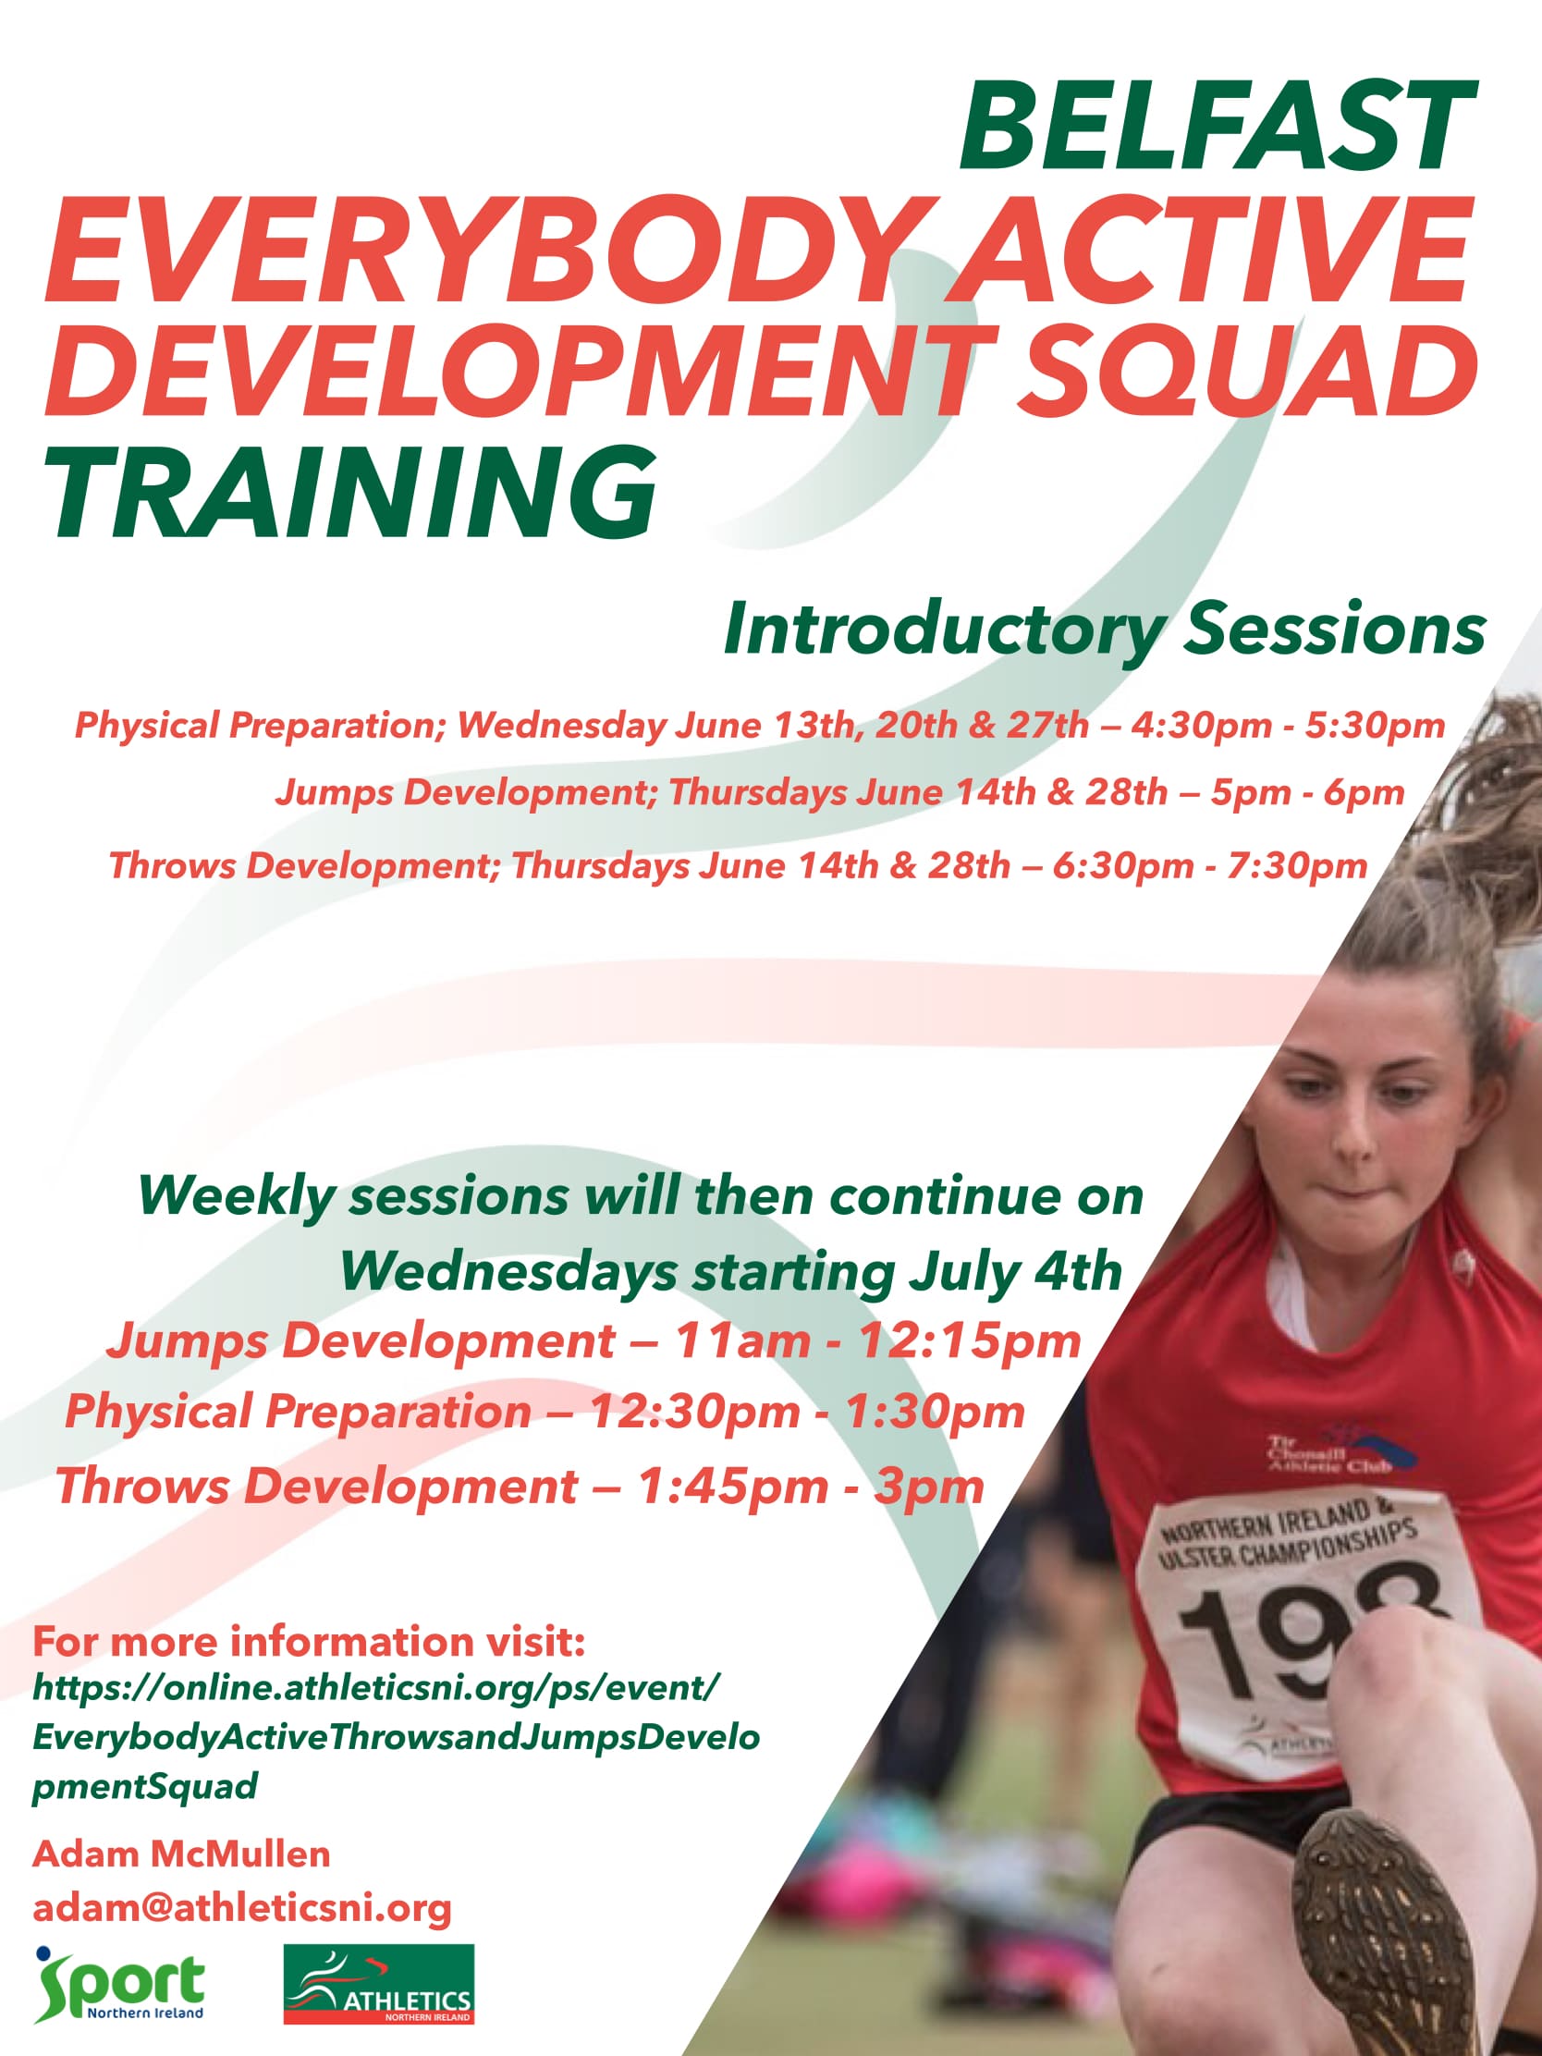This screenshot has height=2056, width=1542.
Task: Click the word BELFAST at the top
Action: click(x=1218, y=126)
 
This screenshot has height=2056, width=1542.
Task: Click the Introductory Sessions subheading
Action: click(x=1104, y=630)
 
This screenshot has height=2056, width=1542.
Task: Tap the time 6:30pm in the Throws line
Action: click(x=1122, y=866)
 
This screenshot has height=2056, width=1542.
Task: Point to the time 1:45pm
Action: click(x=731, y=1486)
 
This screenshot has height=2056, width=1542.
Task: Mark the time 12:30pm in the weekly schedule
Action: click(x=694, y=1412)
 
